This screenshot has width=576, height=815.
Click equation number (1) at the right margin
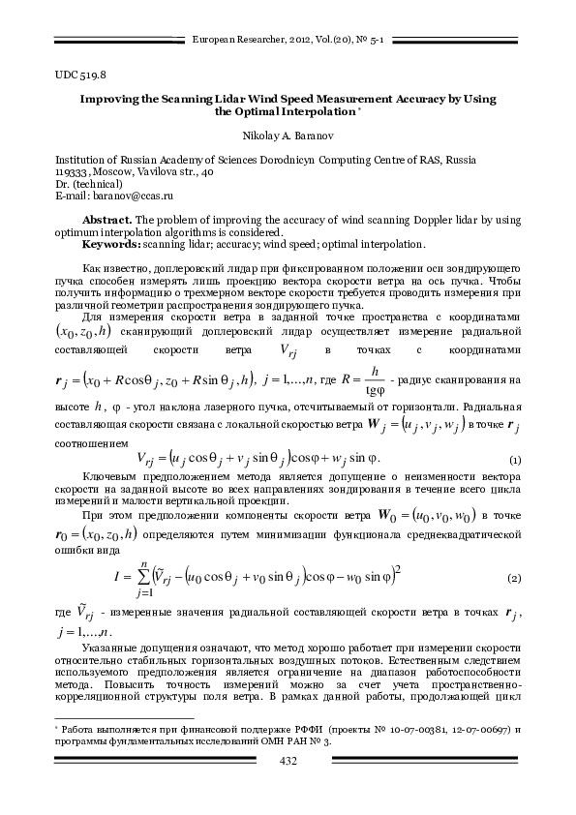(x=514, y=458)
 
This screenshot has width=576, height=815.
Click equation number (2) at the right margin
(x=514, y=578)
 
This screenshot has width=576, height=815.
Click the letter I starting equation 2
(x=116, y=579)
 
